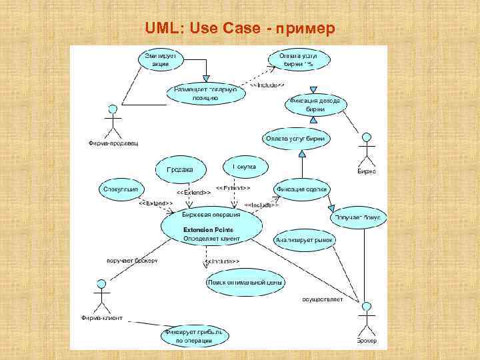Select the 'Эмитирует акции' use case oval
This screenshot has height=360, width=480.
161,60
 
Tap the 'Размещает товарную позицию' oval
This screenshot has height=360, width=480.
201,93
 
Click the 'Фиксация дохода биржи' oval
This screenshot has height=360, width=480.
315,104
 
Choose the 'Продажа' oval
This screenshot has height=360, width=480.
179,169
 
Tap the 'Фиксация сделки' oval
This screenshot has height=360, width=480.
301,189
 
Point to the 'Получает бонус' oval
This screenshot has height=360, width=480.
358,217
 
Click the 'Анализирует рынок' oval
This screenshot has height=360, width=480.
304,240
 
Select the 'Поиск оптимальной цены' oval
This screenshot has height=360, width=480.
245,282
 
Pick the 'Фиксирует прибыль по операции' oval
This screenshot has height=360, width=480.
194,336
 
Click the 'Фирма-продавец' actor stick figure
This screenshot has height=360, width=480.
112,121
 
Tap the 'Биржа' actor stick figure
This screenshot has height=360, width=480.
365,149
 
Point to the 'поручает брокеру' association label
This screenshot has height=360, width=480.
132,260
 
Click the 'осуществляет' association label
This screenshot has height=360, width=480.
322,299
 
